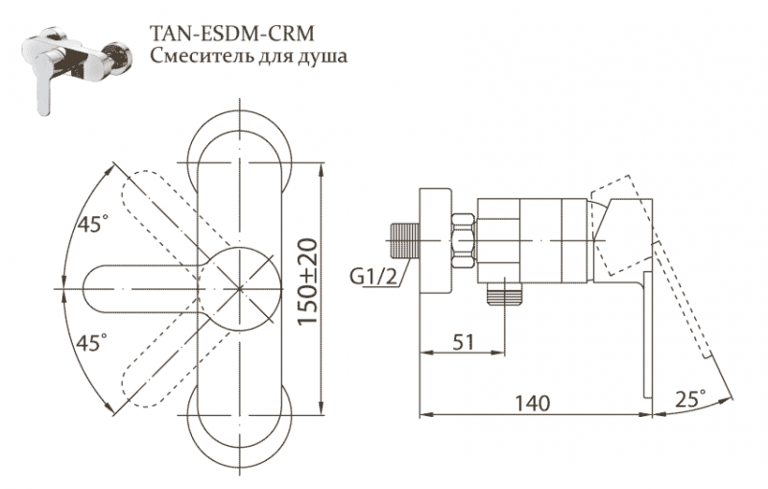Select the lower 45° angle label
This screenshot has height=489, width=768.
pos(92,341)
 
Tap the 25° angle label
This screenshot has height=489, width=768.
pos(688,397)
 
